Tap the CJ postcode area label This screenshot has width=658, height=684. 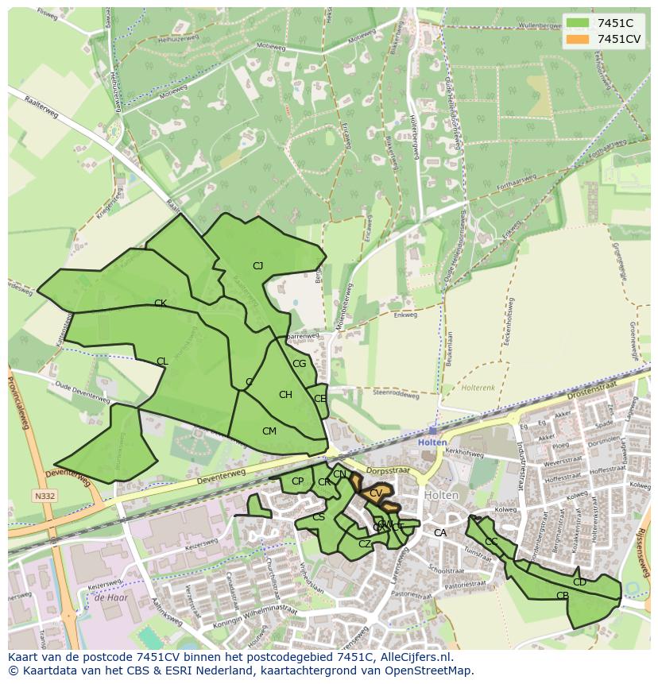(257, 266)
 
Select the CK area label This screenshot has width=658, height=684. (160, 303)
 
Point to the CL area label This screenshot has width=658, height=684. (162, 361)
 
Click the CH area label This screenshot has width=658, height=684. (285, 395)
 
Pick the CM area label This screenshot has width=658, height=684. (269, 431)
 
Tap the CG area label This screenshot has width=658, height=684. (299, 364)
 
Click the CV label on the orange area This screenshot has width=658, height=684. (376, 493)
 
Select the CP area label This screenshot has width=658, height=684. (297, 481)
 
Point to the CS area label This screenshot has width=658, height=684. (319, 517)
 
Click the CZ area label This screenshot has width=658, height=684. (365, 544)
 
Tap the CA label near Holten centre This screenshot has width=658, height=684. (439, 533)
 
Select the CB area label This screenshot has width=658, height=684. (563, 596)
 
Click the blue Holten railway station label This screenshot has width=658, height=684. (432, 442)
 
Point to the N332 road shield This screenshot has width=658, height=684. (45, 497)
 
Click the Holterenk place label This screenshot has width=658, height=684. (478, 388)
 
